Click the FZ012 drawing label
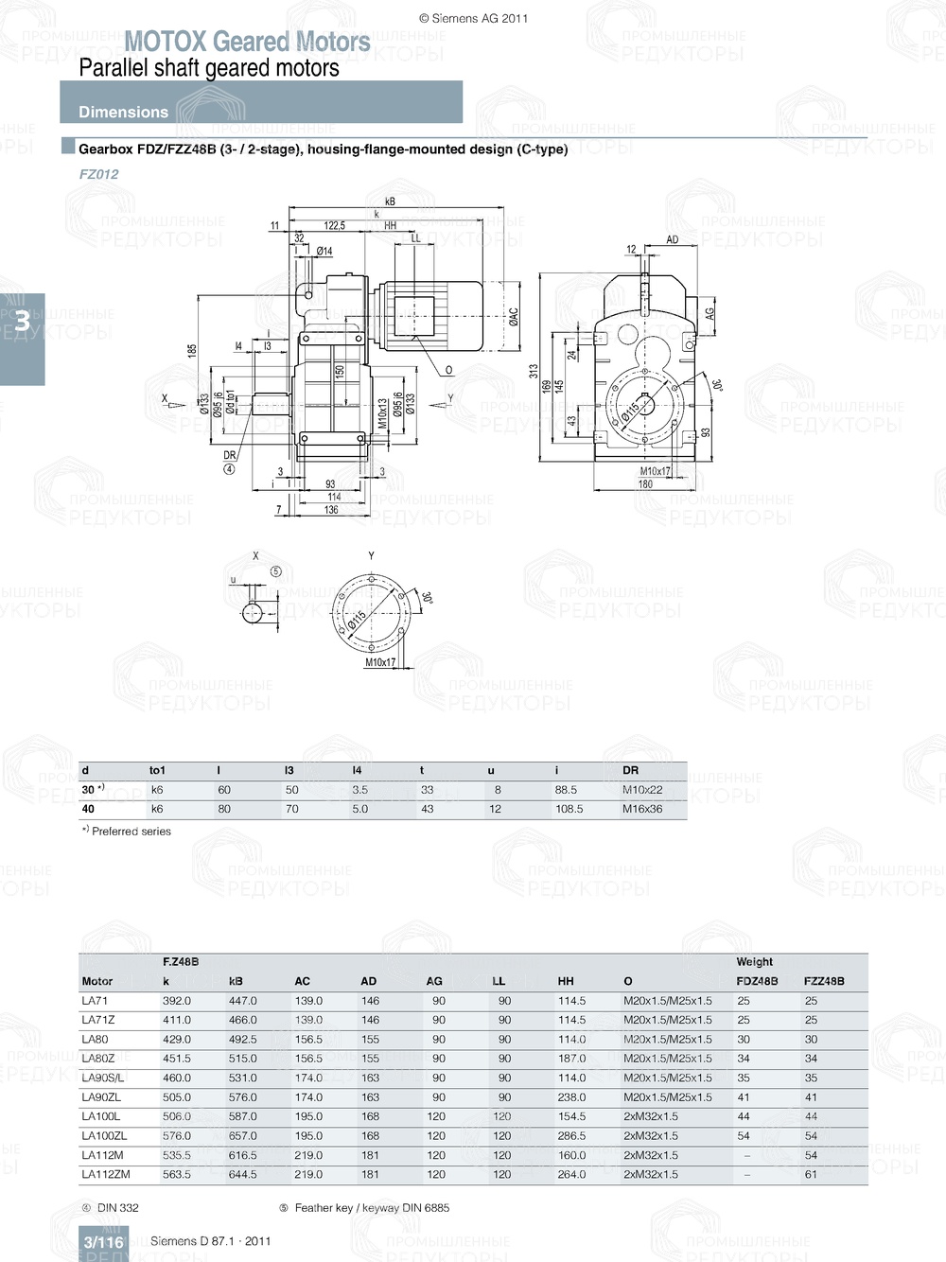click(x=98, y=174)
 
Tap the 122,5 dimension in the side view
click(x=334, y=226)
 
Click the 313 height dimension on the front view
click(x=534, y=370)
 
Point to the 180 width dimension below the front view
click(x=645, y=484)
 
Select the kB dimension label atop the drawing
click(x=390, y=202)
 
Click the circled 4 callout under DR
click(x=229, y=469)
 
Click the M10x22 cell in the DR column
click(x=642, y=790)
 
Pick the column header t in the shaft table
click(x=422, y=770)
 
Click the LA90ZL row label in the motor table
click(x=100, y=1097)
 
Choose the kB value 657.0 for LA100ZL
click(x=242, y=1136)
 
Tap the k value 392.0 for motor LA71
click(x=176, y=1001)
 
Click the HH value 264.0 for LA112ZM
click(x=571, y=1175)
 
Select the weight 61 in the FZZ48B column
click(x=811, y=1175)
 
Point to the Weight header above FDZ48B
click(x=754, y=961)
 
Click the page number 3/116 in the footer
click(x=103, y=1242)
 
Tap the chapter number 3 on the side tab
click(x=22, y=322)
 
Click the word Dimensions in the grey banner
click(x=123, y=112)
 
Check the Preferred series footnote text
click(x=131, y=832)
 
